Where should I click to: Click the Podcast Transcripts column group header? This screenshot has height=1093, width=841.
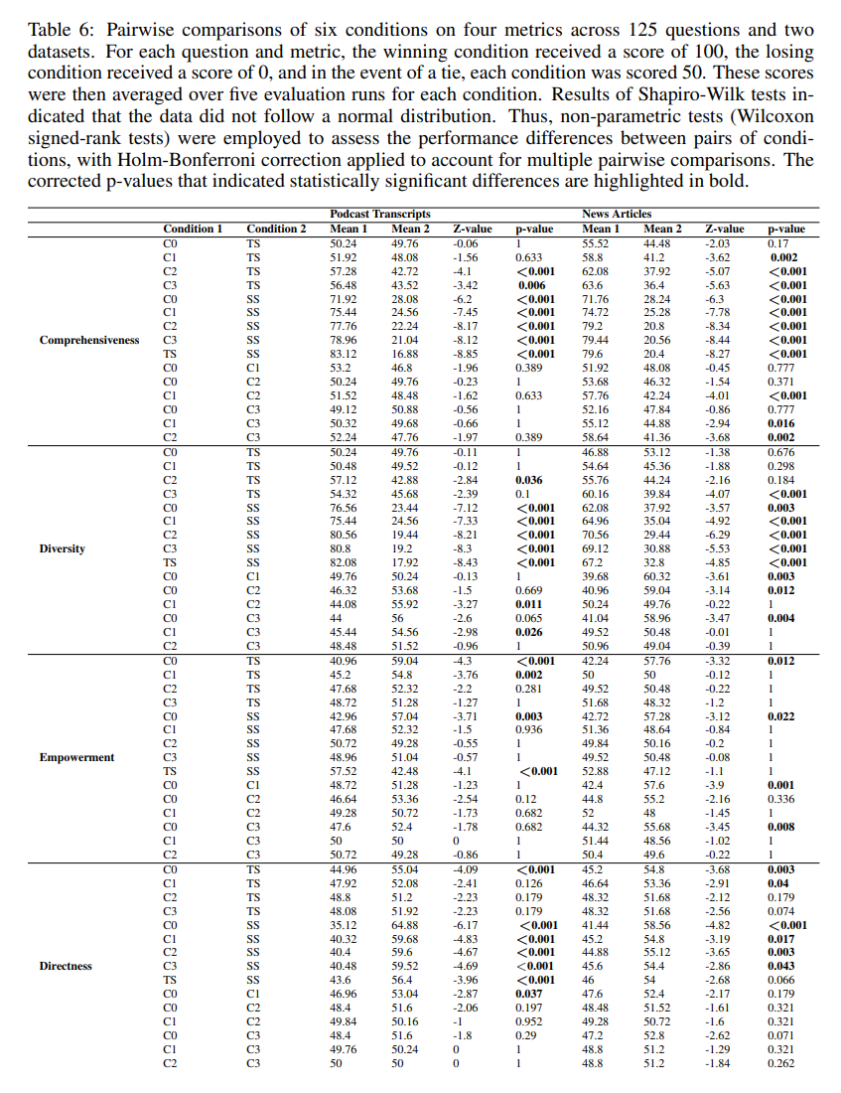click(x=379, y=214)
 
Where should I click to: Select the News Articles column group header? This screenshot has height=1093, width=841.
click(x=617, y=214)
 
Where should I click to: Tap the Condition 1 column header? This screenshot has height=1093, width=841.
click(x=193, y=229)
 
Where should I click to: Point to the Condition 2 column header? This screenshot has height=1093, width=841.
click(x=277, y=229)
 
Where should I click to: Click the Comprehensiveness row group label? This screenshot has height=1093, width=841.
click(x=90, y=340)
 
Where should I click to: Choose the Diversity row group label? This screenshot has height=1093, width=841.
click(x=62, y=548)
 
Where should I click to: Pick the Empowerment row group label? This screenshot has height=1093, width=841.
click(x=76, y=757)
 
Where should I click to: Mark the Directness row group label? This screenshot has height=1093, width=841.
click(x=67, y=966)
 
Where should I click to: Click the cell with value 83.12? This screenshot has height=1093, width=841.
click(x=344, y=354)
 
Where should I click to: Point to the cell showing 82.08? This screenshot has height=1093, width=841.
click(x=344, y=562)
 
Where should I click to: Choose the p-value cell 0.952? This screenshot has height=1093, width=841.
click(x=528, y=1021)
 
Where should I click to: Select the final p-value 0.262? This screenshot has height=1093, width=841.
click(x=781, y=1063)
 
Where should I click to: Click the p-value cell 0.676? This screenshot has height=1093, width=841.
click(x=781, y=451)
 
